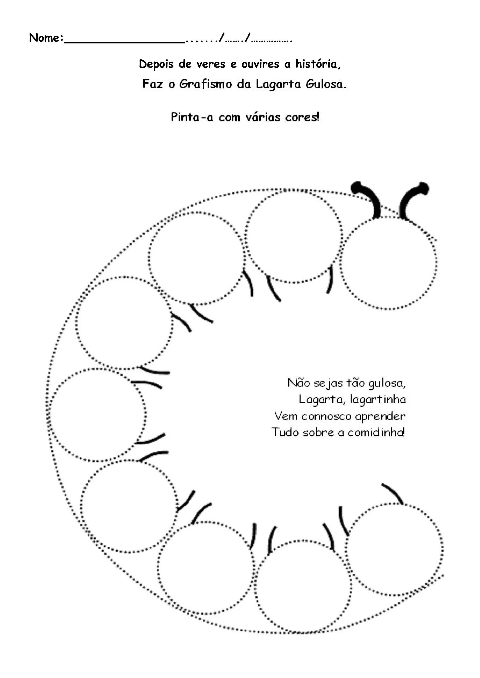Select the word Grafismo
click(x=206, y=84)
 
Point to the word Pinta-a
click(x=192, y=117)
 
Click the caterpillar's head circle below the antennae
click(x=388, y=263)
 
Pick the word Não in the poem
click(x=299, y=383)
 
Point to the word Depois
click(x=156, y=64)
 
